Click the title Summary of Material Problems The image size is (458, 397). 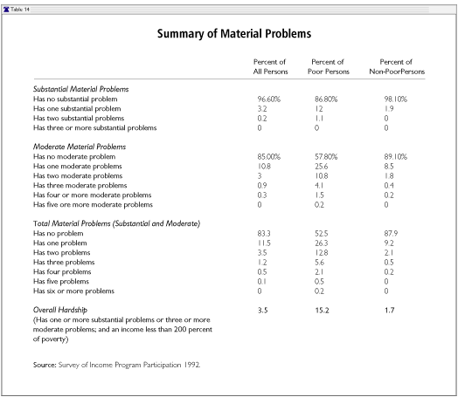234,33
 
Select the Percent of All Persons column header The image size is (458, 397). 270,67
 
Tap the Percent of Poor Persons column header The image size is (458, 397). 329,67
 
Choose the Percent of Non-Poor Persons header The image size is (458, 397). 397,67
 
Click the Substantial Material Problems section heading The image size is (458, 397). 81,89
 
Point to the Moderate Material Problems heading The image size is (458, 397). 80,147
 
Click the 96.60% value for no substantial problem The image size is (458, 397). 268,99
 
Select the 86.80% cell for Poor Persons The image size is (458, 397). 326,99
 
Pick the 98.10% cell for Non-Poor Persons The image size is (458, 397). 395,99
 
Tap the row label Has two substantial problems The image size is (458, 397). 79,119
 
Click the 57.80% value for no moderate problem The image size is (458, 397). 326,156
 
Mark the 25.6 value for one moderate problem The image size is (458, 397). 321,166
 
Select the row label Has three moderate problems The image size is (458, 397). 80,185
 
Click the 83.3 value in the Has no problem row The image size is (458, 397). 264,233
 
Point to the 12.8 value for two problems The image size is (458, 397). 321,252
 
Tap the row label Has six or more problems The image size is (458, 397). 73,291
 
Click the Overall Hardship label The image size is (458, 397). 60,310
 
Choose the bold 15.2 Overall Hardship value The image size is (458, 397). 322,310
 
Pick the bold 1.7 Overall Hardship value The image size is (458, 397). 389,310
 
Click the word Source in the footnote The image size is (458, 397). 45,365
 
